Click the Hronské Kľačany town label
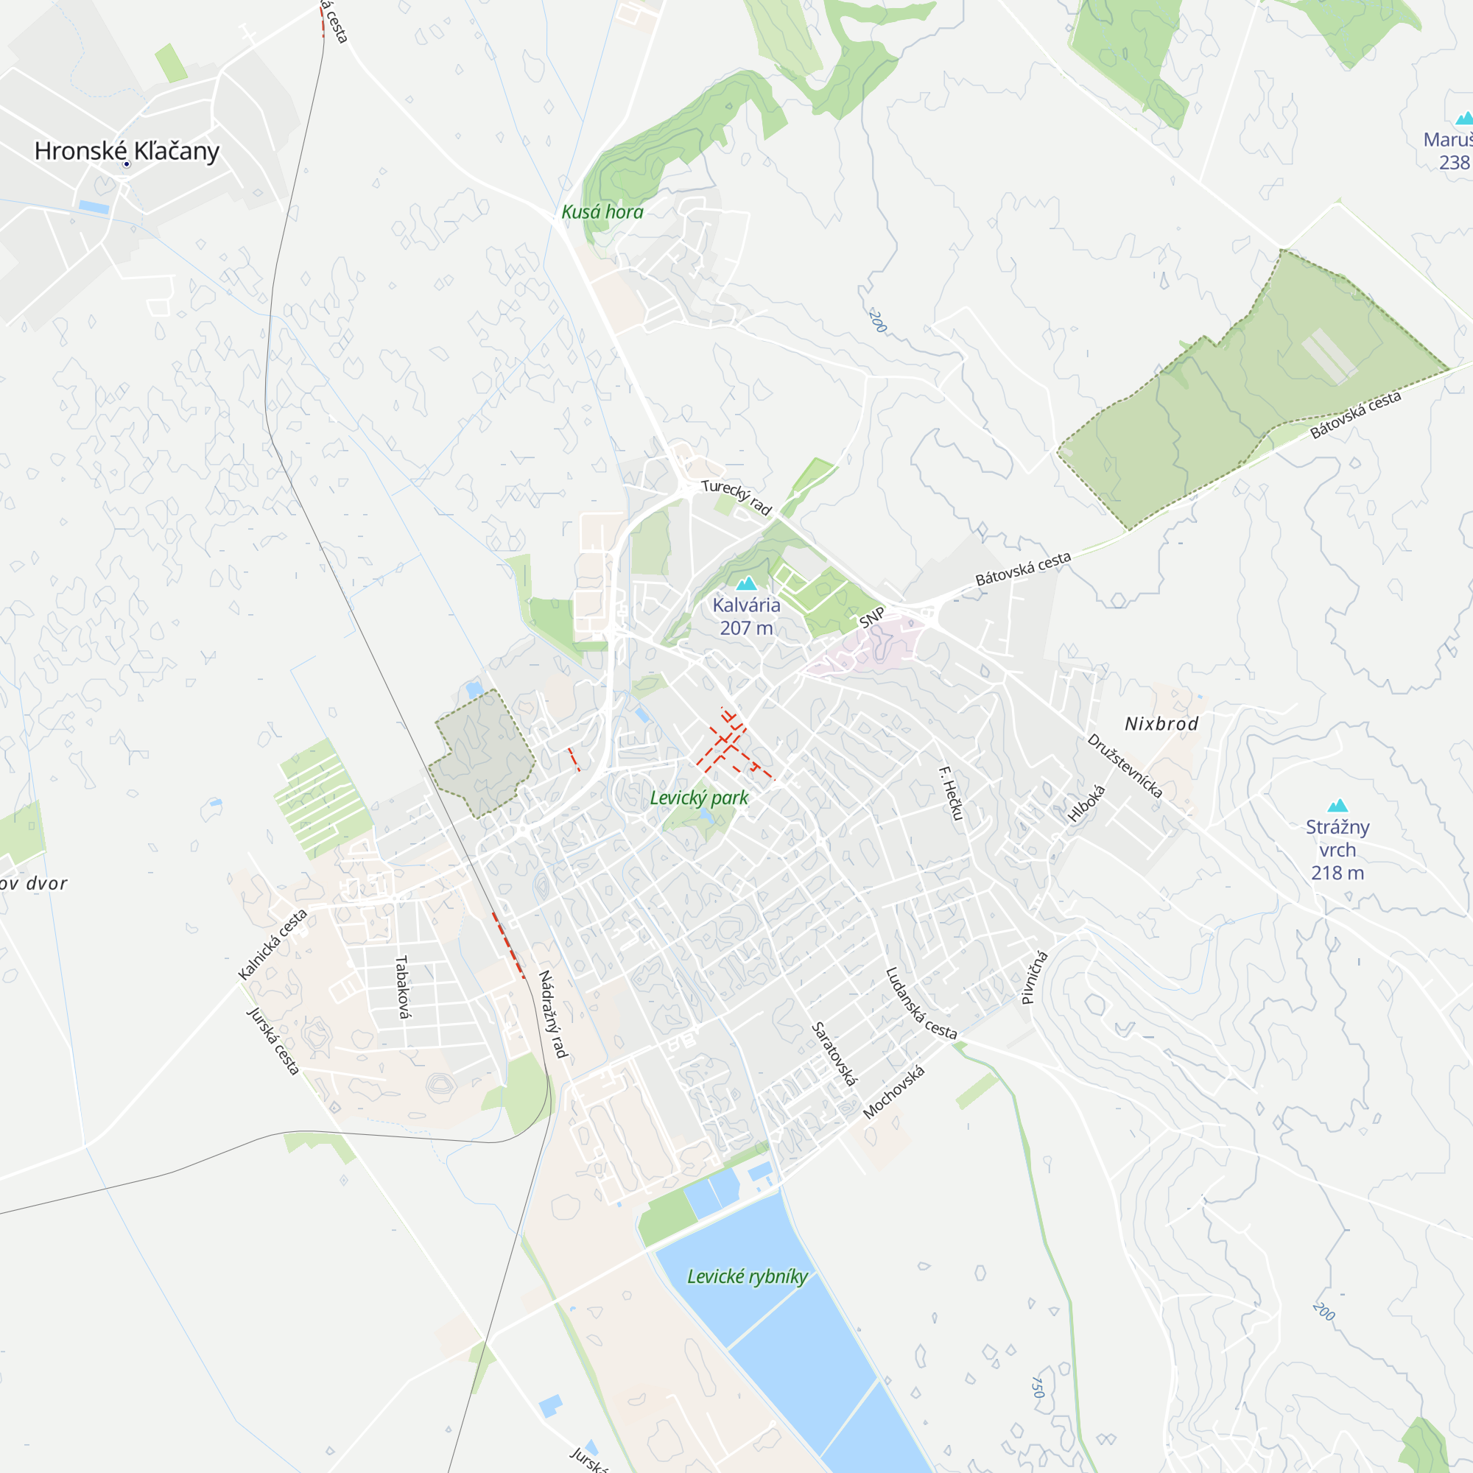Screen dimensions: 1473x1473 [x=127, y=150]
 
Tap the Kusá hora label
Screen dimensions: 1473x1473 [x=602, y=212]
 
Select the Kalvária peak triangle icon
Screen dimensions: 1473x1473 [x=746, y=584]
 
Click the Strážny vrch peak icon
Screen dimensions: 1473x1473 [x=1337, y=806]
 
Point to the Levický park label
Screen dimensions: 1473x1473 [x=699, y=798]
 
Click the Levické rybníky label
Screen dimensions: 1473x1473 [x=747, y=1276]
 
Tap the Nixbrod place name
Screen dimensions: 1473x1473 [x=1161, y=723]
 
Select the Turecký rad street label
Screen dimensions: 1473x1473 [x=736, y=497]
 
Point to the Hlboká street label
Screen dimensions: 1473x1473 [x=1086, y=804]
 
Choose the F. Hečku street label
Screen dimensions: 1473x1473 [x=951, y=793]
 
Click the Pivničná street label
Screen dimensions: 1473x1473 [x=1035, y=977]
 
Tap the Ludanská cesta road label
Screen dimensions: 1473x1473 [x=921, y=1003]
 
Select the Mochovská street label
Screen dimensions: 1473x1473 [x=894, y=1092]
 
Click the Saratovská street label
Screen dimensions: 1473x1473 [x=834, y=1055]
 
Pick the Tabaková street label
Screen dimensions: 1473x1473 [x=404, y=987]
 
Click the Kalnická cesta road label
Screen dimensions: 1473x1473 [x=273, y=944]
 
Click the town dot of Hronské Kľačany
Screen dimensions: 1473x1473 [x=127, y=164]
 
